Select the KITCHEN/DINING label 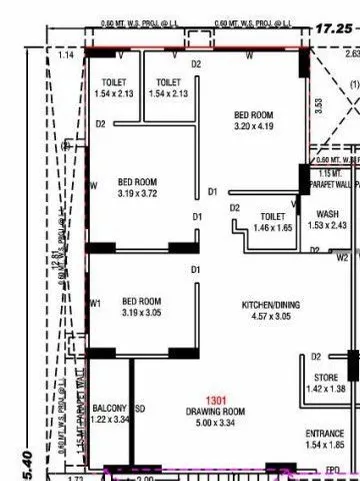point(271,305)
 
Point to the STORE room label point(324,377)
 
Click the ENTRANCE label point(324,433)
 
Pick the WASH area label point(327,214)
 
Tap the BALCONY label point(108,409)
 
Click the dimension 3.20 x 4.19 point(254,127)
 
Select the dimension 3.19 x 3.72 point(138,193)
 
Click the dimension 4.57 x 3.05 point(271,316)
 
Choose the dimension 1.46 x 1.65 point(273,228)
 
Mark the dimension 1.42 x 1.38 point(324,388)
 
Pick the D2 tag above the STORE point(316,355)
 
